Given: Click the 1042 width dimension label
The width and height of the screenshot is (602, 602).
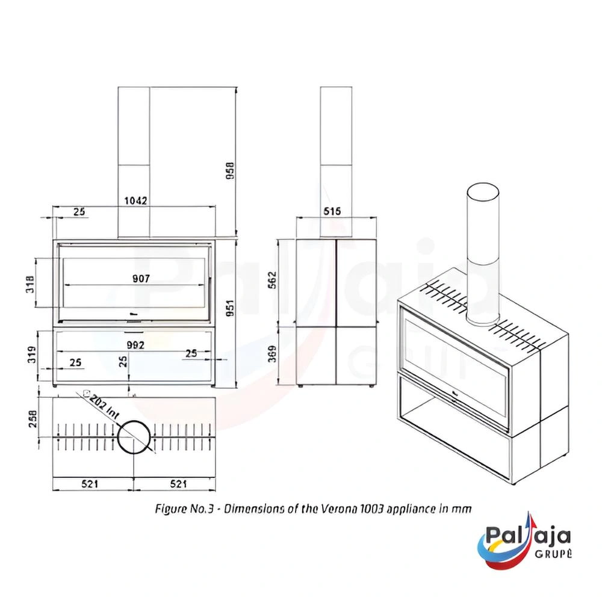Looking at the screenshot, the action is pyautogui.click(x=135, y=200).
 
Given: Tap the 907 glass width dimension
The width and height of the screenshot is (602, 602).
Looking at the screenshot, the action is pyautogui.click(x=141, y=278).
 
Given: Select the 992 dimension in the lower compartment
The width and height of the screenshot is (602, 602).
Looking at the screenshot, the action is pyautogui.click(x=135, y=345).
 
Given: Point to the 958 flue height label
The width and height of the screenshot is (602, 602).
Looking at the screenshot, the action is pyautogui.click(x=230, y=171).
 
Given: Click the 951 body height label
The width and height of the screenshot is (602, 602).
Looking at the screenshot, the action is pyautogui.click(x=230, y=308).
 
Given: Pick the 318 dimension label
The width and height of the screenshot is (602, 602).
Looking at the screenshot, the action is pyautogui.click(x=30, y=284).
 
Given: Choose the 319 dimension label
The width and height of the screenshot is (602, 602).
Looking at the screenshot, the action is pyautogui.click(x=32, y=355).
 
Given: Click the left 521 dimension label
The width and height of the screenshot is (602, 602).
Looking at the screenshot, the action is pyautogui.click(x=90, y=484).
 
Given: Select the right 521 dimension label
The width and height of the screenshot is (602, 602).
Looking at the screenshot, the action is pyautogui.click(x=179, y=484).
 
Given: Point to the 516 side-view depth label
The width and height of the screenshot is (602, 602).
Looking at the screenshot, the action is pyautogui.click(x=332, y=211).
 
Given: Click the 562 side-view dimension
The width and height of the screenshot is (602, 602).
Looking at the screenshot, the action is pyautogui.click(x=272, y=281).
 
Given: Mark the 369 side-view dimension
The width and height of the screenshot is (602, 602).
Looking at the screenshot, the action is pyautogui.click(x=272, y=353).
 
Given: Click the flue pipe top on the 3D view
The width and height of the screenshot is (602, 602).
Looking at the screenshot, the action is pyautogui.click(x=483, y=193).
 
